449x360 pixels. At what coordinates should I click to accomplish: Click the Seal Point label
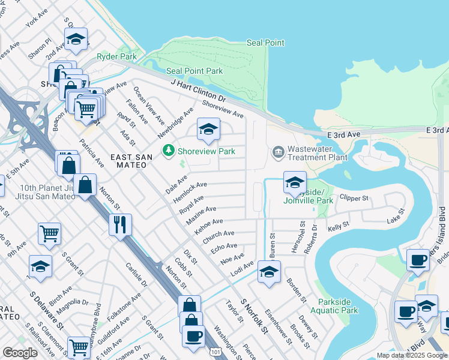265,43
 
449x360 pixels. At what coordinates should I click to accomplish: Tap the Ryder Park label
117,57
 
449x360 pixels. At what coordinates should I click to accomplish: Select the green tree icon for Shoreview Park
170,151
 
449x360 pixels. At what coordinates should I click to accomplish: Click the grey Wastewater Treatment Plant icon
277,151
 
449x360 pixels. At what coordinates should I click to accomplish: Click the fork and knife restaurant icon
121,225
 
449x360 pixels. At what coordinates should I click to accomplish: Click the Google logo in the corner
20,352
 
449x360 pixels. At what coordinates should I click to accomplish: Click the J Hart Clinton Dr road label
197,91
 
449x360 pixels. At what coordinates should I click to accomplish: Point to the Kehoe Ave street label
209,225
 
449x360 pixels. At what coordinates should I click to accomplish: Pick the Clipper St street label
353,197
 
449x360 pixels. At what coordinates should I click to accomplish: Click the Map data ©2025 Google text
412,355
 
